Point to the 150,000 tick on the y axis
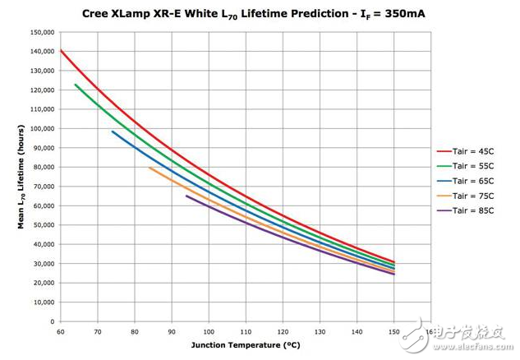pyautogui.click(x=42, y=32)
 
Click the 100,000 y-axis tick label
pyautogui.click(x=42, y=128)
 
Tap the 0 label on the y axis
pyautogui.click(x=53, y=321)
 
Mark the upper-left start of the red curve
pyautogui.click(x=61, y=50)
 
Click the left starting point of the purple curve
pyautogui.click(x=186, y=196)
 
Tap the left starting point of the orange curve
pyautogui.click(x=150, y=168)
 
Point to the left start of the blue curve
pyautogui.click(x=113, y=132)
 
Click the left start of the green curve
pyautogui.click(x=76, y=85)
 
